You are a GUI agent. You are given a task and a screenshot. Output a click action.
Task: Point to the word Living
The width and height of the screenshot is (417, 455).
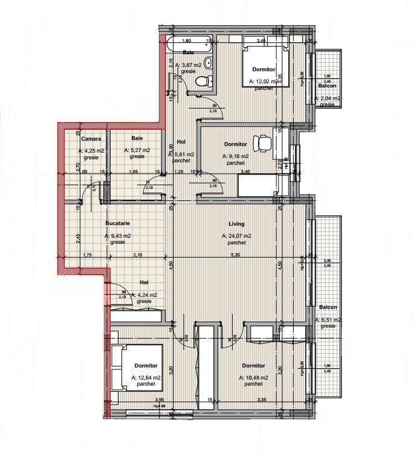tap(236, 222)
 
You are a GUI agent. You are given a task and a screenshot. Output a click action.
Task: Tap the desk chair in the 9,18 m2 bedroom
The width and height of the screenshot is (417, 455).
tap(262, 143)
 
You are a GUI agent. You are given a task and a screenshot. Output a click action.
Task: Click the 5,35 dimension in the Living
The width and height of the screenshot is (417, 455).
tap(236, 255)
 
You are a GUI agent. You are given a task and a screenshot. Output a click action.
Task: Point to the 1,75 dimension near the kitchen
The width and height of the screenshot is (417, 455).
tap(87, 255)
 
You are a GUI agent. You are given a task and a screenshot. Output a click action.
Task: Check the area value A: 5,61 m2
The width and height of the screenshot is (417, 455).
tap(181, 154)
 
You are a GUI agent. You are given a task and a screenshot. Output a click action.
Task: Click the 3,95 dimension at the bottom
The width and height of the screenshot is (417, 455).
tap(160, 399)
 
